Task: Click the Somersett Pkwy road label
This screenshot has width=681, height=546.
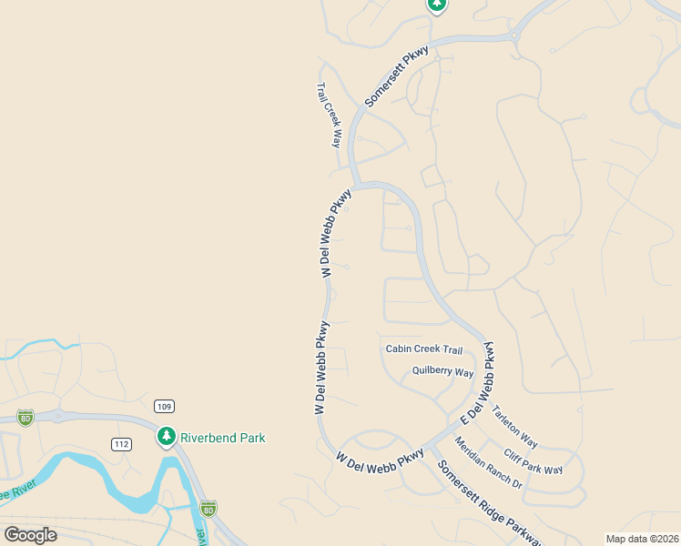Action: coord(396,76)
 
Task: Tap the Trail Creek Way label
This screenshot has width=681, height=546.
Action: coord(328,116)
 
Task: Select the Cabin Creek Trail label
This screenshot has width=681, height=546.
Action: coord(424,349)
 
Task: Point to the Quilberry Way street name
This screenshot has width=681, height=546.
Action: coord(443,371)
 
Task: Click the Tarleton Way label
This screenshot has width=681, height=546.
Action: coord(514,427)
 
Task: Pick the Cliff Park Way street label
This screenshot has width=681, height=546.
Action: coord(533,460)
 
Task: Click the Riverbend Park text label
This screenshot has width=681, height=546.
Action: coord(222,438)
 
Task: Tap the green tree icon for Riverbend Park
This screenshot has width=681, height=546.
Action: coord(166,438)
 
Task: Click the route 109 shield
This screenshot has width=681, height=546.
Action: coord(164,406)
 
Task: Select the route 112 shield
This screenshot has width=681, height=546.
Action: coord(121,444)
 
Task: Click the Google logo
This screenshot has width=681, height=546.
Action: coord(30,534)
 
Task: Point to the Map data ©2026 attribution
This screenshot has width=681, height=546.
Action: coord(642,539)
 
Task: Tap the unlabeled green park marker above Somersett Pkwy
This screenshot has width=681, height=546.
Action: coord(437,5)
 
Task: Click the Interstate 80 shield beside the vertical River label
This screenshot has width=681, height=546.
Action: coord(208,507)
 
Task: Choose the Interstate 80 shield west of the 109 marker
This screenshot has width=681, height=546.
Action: coord(25,417)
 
